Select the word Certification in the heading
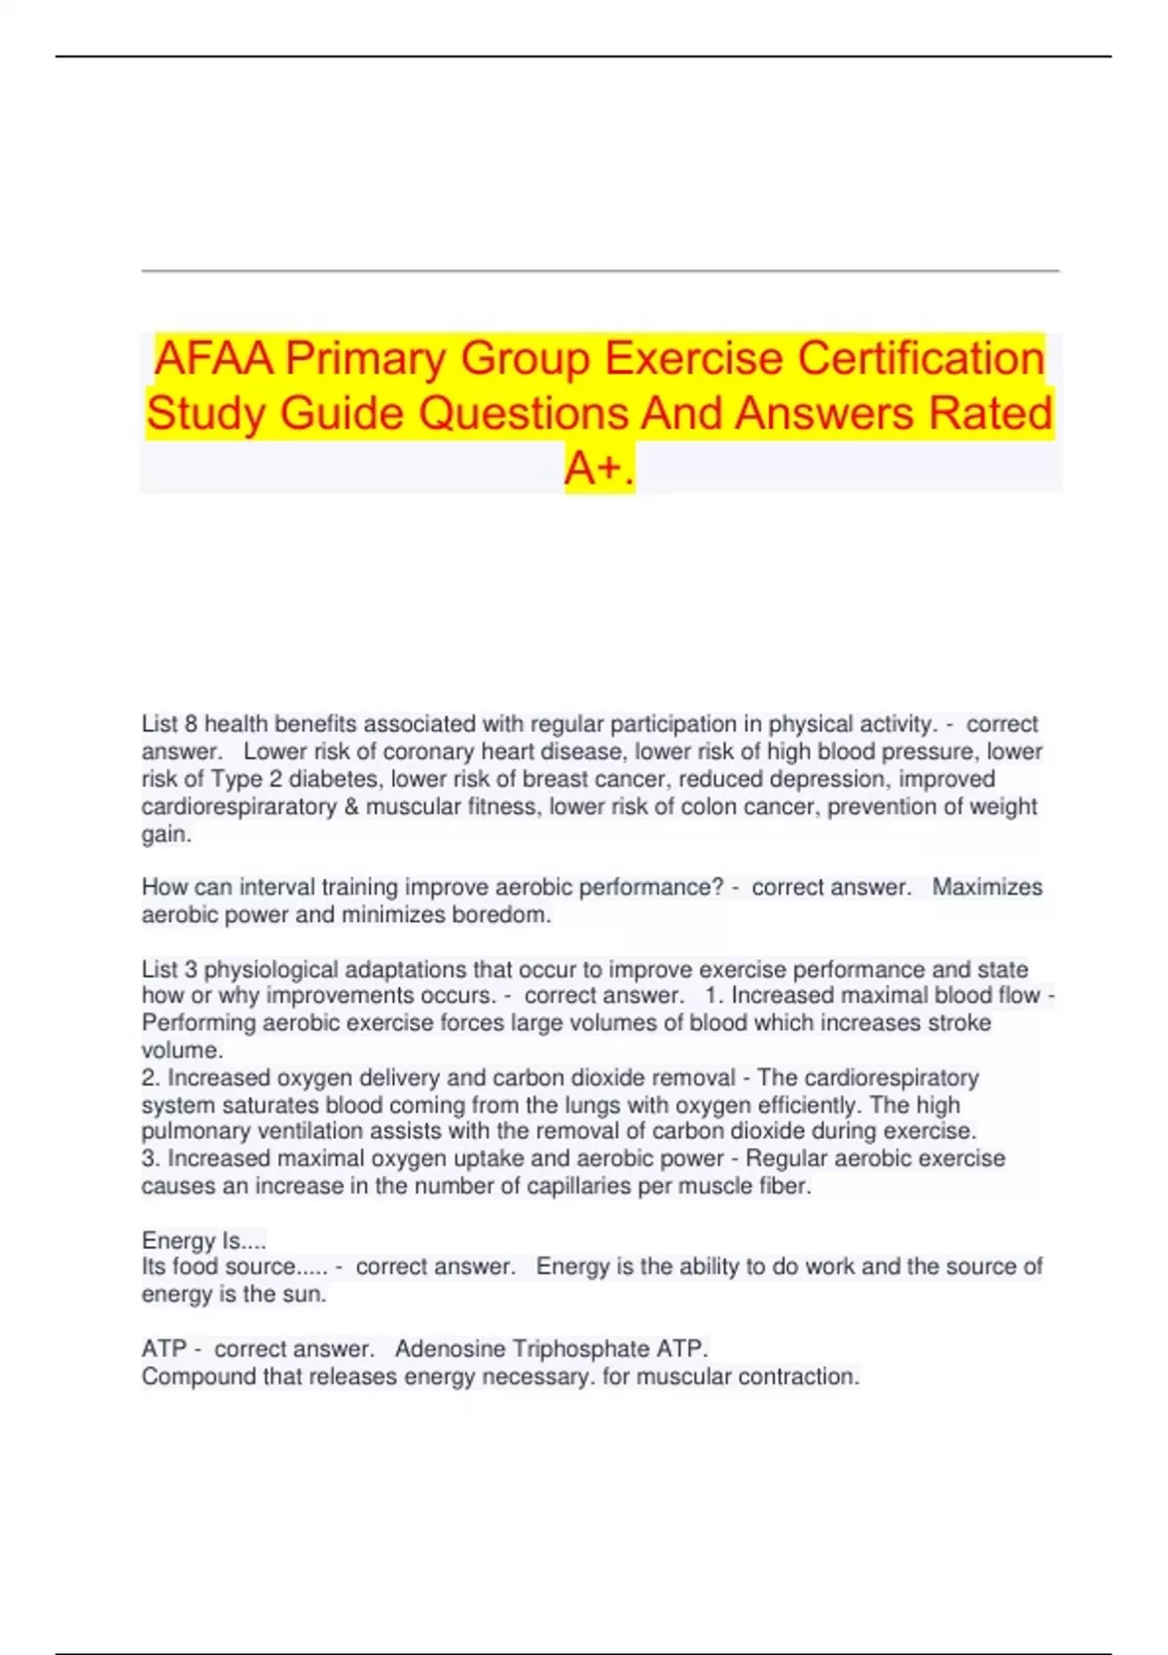[x=921, y=358]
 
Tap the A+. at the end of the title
[x=600, y=468]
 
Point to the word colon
[x=710, y=806]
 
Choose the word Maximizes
[x=987, y=887]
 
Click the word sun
[x=306, y=1295]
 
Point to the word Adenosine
[x=450, y=1349]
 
